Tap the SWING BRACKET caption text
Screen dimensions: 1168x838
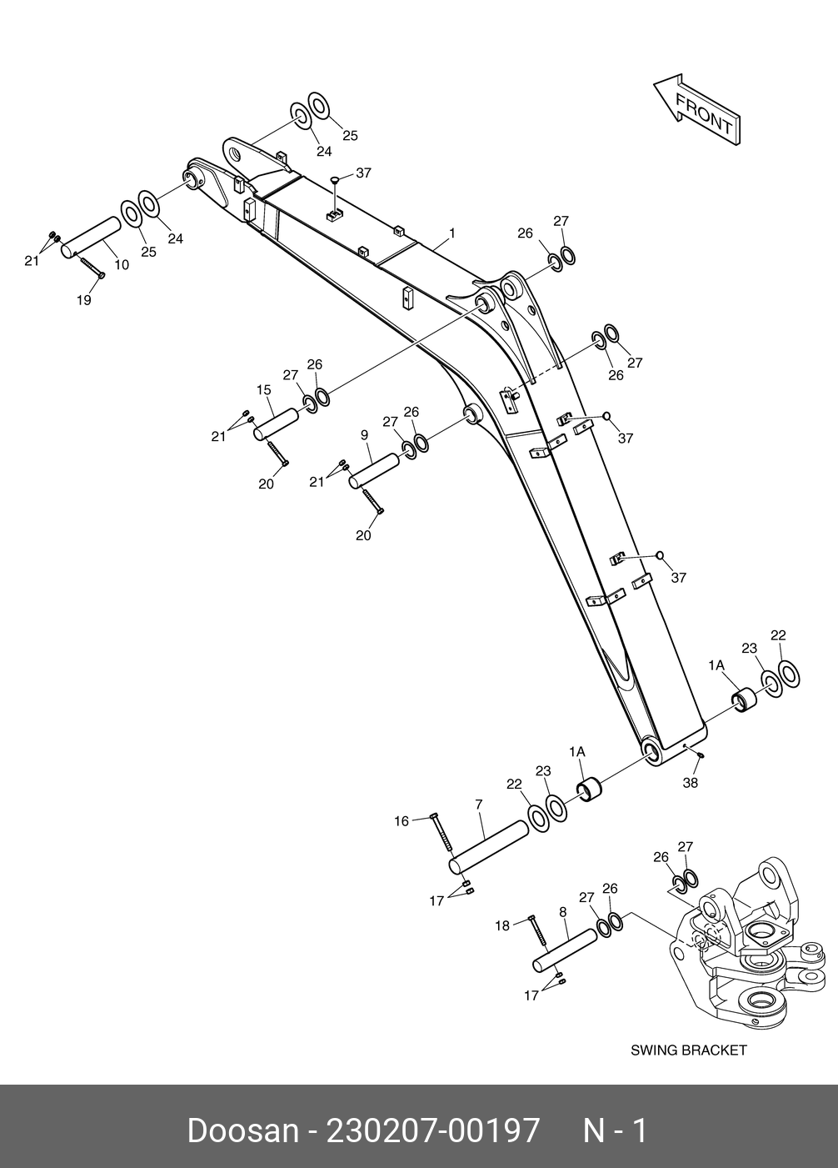[x=688, y=1050]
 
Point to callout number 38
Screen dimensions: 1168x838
[x=690, y=783]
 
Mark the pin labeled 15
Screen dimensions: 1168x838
[x=276, y=420]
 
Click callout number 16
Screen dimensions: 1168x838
[x=402, y=821]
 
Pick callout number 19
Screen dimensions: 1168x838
[x=84, y=300]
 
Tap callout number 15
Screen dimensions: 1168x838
[x=263, y=389]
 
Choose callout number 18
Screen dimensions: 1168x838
[x=502, y=925]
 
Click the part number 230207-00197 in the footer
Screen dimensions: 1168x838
[x=433, y=1130]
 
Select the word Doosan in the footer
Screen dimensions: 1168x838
[x=242, y=1130]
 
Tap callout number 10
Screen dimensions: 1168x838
[x=122, y=265]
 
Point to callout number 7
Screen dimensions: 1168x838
[x=479, y=805]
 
